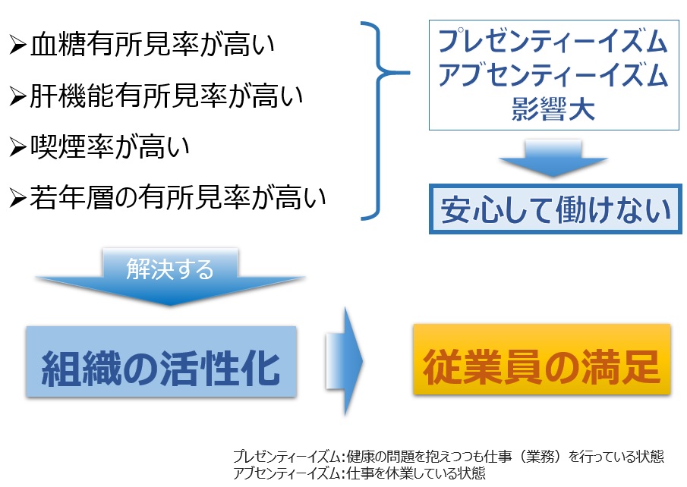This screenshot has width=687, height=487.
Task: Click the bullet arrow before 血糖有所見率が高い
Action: click(18, 47)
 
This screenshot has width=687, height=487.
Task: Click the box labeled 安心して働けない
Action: click(552, 209)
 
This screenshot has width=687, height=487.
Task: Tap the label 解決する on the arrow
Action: click(170, 269)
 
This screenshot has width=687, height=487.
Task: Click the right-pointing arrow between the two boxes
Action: click(345, 361)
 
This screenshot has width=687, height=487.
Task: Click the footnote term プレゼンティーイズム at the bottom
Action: click(288, 457)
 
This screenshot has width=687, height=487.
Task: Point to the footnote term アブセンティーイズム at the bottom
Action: click(288, 472)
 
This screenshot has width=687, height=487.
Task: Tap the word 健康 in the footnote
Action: click(361, 457)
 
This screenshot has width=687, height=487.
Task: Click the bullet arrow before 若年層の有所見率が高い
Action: click(18, 198)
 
